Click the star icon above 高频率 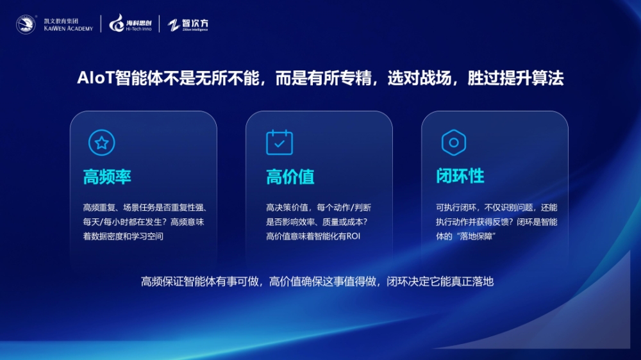coord(101,143)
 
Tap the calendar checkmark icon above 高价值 coord(279,142)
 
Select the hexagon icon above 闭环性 coord(454,143)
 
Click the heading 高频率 coord(107,177)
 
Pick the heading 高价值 coord(290,177)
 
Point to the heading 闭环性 coord(460,176)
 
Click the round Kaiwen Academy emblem coord(26,24)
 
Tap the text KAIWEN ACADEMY coord(69,29)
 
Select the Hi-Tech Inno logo coord(130,23)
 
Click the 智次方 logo coord(188,24)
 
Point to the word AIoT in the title coord(96,78)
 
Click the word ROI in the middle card coord(353,236)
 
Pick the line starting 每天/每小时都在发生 coord(144,222)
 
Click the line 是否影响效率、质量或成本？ coord(317,222)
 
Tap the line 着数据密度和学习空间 coord(123,236)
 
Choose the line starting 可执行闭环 coord(496,208)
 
